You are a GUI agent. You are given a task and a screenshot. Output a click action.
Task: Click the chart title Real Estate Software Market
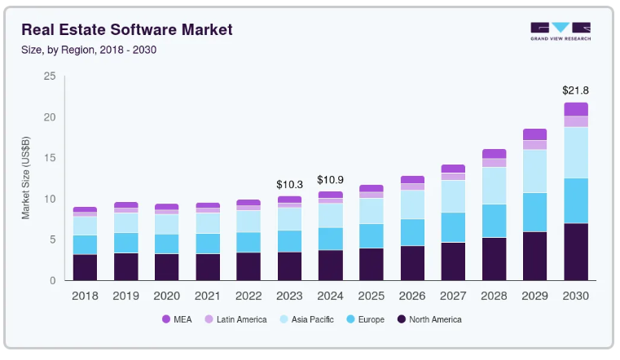(x=127, y=29)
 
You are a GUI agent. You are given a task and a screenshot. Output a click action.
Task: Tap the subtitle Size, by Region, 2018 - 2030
(x=89, y=50)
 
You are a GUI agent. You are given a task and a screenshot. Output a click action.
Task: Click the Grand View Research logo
(x=561, y=31)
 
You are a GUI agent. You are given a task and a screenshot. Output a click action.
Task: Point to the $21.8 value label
(x=575, y=90)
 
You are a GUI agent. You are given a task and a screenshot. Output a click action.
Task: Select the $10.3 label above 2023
(x=289, y=185)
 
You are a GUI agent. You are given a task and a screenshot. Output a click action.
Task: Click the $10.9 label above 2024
(x=330, y=180)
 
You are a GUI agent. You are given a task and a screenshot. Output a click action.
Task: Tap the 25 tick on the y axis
(x=50, y=76)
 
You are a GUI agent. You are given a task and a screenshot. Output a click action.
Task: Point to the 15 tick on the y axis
(x=50, y=158)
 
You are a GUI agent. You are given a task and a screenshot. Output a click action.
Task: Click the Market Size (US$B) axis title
(x=26, y=178)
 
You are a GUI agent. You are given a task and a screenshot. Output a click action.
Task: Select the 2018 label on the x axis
(x=85, y=296)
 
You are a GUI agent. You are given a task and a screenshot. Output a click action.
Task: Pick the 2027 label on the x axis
(x=453, y=296)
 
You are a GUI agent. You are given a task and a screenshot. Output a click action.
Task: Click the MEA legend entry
(x=177, y=319)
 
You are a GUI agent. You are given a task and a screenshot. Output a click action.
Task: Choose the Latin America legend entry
(x=235, y=319)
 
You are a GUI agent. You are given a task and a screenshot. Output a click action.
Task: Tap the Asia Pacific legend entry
(x=306, y=319)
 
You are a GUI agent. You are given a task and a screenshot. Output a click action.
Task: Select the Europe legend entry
(x=365, y=319)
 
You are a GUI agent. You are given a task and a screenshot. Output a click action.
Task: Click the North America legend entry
(x=429, y=319)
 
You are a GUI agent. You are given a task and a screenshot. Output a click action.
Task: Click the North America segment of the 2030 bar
(x=576, y=252)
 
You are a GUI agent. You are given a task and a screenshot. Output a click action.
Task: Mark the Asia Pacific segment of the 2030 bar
(x=576, y=152)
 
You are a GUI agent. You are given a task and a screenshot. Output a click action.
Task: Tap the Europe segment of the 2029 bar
(x=535, y=213)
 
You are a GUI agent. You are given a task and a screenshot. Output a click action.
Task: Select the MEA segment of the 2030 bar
(x=576, y=109)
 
